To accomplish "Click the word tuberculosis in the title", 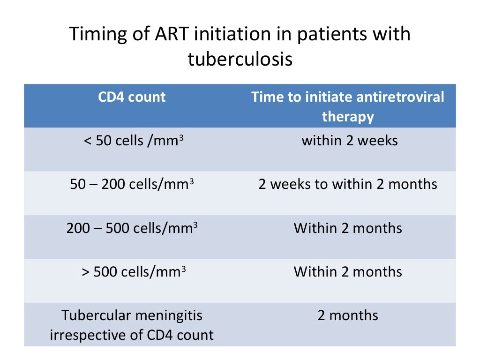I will pyautogui.click(x=240, y=60).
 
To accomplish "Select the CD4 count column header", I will pyautogui.click(x=132, y=97).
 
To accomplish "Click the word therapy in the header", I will pyautogui.click(x=348, y=117).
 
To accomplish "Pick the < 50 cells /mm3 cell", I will pyautogui.click(x=132, y=141).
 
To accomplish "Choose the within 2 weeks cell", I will pyautogui.click(x=350, y=141).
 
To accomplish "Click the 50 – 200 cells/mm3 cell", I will pyautogui.click(x=132, y=184).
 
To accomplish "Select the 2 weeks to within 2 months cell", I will pyautogui.click(x=348, y=184).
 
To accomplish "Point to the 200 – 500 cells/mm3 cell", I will pyautogui.click(x=132, y=228).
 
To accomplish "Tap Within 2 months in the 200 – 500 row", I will pyautogui.click(x=348, y=228).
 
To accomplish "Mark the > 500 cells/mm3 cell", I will pyautogui.click(x=132, y=272).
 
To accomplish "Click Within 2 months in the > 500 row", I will pyautogui.click(x=348, y=272).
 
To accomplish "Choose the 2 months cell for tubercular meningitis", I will pyautogui.click(x=348, y=315).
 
